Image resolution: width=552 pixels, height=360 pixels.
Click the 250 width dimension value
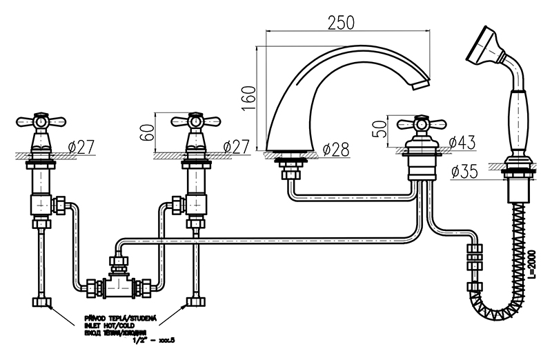click(x=341, y=21)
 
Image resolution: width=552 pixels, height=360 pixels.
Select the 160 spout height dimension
click(x=249, y=97)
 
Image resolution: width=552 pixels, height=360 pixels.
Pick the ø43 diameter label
click(x=461, y=143)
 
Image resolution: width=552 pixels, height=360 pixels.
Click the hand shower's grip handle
click(x=516, y=117)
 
